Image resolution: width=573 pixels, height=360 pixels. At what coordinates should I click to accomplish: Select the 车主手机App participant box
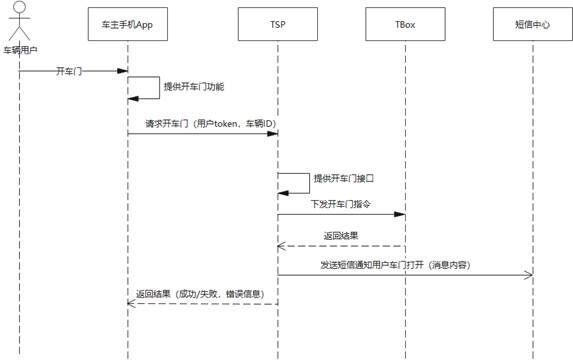tap(128, 22)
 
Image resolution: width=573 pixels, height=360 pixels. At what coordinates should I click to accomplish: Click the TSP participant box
tap(277, 22)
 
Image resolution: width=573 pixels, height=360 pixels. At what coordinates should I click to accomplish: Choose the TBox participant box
tap(406, 22)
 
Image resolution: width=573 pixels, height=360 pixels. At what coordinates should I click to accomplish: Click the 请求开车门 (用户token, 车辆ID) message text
tap(203, 124)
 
